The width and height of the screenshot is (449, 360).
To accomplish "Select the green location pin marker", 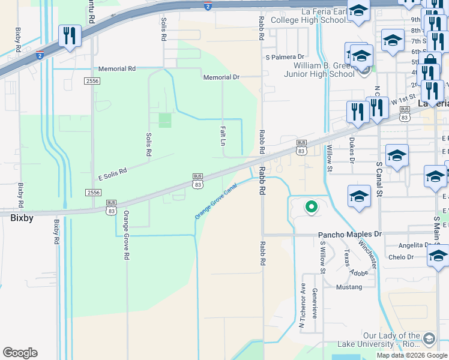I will pos(311,207).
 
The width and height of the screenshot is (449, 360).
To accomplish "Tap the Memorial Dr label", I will pos(221,77).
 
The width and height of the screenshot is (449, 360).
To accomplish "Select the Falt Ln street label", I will pos(222,136).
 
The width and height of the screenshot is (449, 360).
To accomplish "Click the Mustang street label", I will pos(349,287).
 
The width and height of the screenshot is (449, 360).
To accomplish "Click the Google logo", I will pos(20,353).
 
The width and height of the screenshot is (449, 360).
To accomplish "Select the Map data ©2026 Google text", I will pos(412,355).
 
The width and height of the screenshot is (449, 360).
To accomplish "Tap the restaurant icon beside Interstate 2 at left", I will pos(70,36).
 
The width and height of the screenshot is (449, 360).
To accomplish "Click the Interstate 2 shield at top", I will pos(208,7).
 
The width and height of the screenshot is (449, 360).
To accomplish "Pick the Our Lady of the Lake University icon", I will pos(429,340).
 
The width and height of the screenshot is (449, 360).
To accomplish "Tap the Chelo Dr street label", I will pos(401,257).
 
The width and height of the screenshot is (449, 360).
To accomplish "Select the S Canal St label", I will pos(379,178).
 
